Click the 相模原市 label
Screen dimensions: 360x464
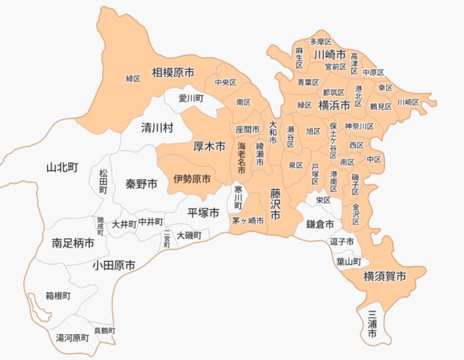pyautogui.click(x=173, y=72)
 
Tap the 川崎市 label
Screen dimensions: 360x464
pyautogui.click(x=330, y=54)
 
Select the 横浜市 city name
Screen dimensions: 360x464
pyautogui.click(x=334, y=105)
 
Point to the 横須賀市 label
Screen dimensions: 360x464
pyautogui.click(x=385, y=276)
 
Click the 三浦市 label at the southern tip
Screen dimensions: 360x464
pyautogui.click(x=372, y=323)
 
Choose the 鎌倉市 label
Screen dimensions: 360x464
pyautogui.click(x=320, y=224)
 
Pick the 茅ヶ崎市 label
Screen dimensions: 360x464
pyautogui.click(x=248, y=221)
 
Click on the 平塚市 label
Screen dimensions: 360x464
pyautogui.click(x=204, y=212)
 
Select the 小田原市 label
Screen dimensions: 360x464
pyautogui.click(x=114, y=265)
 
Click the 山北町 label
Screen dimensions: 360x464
pyautogui.click(x=63, y=167)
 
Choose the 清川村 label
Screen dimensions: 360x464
pyautogui.click(x=157, y=127)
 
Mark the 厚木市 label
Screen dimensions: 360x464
pyautogui.click(x=210, y=145)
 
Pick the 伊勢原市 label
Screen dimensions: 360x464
pyautogui.click(x=191, y=179)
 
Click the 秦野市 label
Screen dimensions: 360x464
pyautogui.click(x=141, y=183)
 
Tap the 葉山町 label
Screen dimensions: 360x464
pyautogui.click(x=348, y=261)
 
